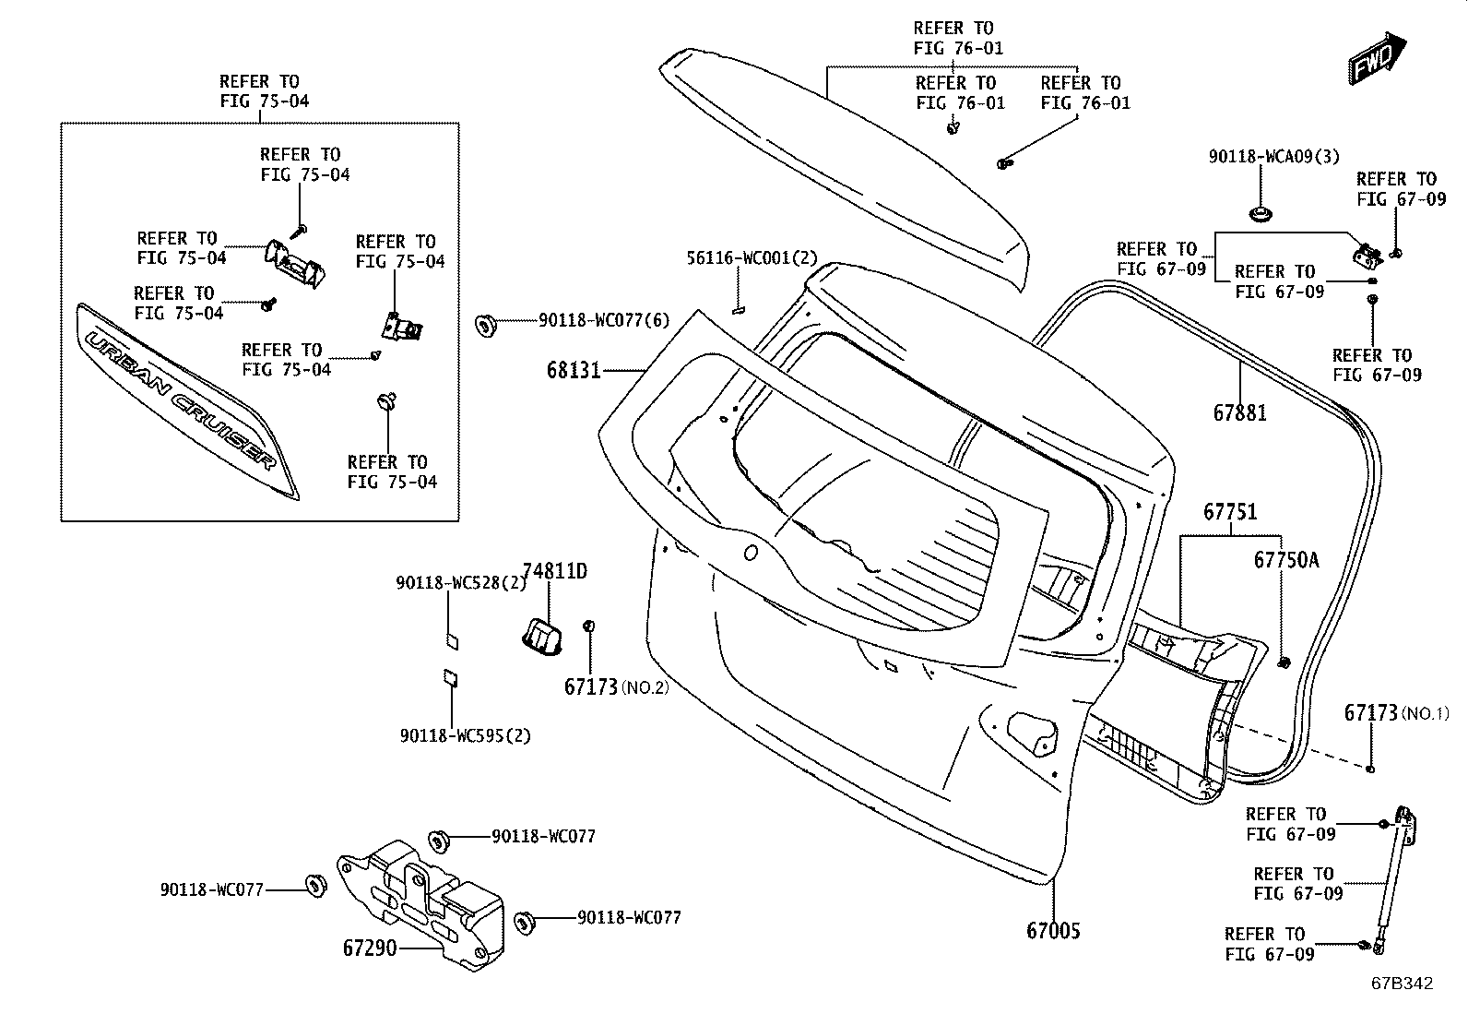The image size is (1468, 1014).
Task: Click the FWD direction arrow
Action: [1376, 58]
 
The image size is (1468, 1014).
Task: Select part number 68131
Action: [574, 371]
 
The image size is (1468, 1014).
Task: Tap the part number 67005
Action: [1053, 930]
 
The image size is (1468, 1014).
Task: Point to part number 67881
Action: [1240, 412]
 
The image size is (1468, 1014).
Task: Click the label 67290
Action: [370, 948]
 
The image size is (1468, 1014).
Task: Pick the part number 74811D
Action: [555, 570]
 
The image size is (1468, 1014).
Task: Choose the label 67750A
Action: [1286, 559]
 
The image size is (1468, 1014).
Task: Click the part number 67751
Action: [1230, 511]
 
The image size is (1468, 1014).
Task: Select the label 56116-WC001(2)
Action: [752, 257]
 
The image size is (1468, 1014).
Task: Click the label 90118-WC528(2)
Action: [461, 582]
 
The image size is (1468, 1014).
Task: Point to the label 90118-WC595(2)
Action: [466, 735]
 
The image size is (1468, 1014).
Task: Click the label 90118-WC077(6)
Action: [604, 320]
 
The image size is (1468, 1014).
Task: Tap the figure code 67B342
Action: [1403, 984]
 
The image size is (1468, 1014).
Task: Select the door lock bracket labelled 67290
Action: [420, 904]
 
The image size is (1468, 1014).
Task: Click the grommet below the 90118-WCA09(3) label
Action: [1261, 213]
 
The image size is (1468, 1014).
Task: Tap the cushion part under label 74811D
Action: [542, 638]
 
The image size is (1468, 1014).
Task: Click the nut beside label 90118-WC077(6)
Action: [486, 325]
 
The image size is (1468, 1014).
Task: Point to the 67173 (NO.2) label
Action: [616, 686]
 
